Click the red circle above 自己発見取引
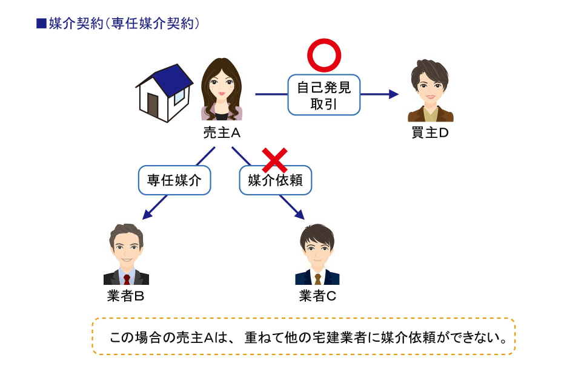(324, 41)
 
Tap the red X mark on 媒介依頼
(275, 160)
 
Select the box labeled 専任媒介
(174, 180)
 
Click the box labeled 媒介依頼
(276, 181)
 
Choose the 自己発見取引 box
(324, 95)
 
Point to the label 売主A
(222, 132)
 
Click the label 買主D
(430, 132)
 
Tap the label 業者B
(126, 296)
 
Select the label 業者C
(317, 296)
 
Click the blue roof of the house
(172, 80)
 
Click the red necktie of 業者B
(127, 279)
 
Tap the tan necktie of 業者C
(318, 279)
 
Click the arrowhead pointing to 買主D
(394, 94)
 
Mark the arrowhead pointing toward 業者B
(147, 215)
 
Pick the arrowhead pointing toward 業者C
(300, 215)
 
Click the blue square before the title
(41, 24)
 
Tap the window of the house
(179, 96)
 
